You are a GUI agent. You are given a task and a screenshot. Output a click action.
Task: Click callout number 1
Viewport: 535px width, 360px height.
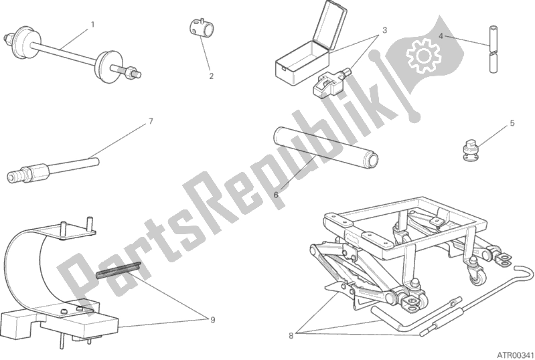(92, 25)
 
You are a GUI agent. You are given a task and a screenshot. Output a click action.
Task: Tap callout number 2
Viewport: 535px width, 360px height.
(211, 76)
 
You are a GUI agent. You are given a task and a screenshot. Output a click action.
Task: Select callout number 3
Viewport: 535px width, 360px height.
(384, 30)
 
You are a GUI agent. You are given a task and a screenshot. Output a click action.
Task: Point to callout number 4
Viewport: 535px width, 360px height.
(441, 35)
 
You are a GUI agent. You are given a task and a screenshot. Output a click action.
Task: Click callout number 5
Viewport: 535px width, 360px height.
(512, 123)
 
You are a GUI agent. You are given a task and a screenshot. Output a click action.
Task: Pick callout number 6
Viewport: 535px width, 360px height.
(276, 194)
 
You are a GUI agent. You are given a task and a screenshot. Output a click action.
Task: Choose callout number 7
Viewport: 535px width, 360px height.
(151, 121)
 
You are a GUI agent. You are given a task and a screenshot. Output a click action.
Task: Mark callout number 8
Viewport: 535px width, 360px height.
(291, 336)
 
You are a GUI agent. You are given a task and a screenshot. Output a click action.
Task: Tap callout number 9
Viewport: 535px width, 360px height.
(212, 320)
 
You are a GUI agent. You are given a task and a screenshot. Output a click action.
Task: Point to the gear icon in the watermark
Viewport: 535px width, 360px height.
(423, 56)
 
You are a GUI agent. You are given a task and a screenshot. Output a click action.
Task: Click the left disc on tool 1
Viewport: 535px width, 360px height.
(22, 40)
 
